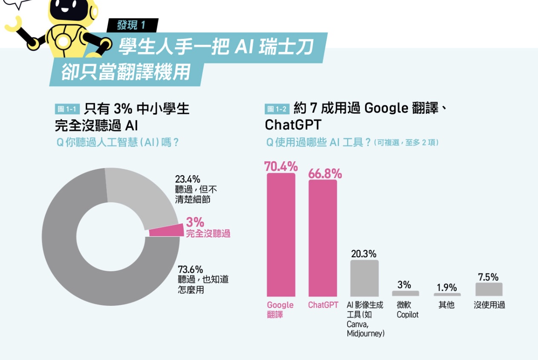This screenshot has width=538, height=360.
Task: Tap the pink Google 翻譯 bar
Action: point(281,235)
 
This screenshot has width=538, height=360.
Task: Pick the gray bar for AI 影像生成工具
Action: point(364,278)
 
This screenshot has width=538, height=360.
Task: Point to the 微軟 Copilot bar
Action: point(405,293)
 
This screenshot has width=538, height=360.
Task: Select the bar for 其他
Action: point(447,294)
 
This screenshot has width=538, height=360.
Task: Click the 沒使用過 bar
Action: point(489,289)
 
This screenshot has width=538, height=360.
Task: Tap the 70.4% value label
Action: point(281,166)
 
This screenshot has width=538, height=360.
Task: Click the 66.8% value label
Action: point(325,174)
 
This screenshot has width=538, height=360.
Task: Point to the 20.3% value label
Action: point(364,254)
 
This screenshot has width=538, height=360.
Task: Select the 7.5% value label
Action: point(488,277)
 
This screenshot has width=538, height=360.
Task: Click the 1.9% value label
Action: point(447,287)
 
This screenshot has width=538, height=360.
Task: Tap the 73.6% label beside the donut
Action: point(190,270)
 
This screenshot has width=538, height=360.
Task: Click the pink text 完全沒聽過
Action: point(208,233)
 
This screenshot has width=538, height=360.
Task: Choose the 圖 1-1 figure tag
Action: point(67,109)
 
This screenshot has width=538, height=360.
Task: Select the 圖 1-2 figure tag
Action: point(277,109)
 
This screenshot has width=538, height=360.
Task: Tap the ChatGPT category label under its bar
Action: point(323,305)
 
